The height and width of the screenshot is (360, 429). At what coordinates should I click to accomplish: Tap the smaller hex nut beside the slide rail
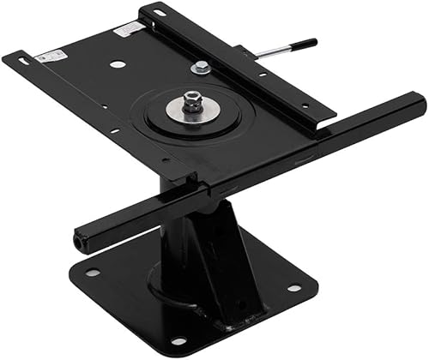200,68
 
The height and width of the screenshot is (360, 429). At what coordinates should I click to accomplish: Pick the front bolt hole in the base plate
178,340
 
